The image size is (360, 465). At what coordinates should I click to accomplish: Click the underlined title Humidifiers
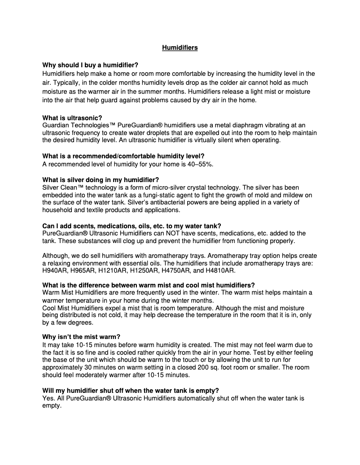(x=180, y=48)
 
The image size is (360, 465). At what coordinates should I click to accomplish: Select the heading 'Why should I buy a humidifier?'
(x=90, y=65)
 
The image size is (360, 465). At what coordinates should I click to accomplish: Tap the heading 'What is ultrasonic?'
(x=72, y=118)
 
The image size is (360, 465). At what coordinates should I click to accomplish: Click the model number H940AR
(x=55, y=271)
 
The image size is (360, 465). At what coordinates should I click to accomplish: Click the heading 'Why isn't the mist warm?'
(x=81, y=337)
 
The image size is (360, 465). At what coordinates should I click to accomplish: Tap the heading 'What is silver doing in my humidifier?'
(x=101, y=179)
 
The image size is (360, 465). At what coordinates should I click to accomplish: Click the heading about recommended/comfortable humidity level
(x=123, y=156)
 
